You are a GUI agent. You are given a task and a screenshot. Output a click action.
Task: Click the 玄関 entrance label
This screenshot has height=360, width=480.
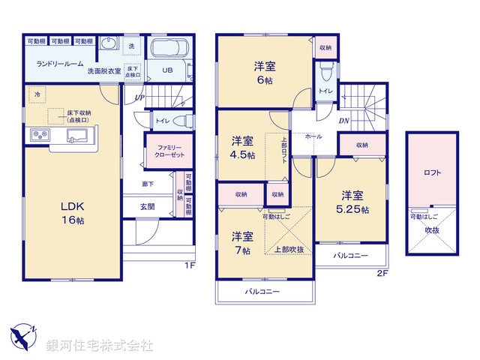147,207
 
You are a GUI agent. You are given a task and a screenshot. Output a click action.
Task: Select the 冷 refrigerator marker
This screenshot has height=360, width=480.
37,94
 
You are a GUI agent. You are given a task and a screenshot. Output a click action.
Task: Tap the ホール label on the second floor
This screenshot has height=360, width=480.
313,137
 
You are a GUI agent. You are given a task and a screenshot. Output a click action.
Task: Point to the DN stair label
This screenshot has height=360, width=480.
343,121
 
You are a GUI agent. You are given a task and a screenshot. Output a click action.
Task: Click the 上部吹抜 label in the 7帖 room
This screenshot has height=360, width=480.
288,250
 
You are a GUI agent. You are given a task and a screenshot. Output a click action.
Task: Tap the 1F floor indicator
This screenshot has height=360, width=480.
190,265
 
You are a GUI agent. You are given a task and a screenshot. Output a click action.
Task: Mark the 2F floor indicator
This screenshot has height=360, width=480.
382,273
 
